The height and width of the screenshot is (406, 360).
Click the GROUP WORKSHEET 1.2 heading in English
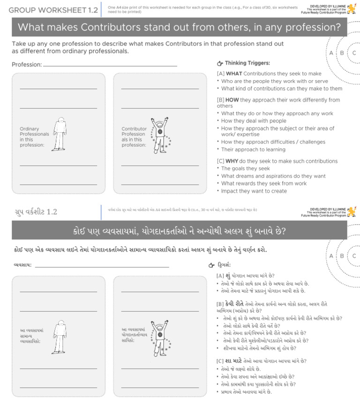[x=53, y=10]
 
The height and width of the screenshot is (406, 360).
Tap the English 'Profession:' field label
[x=27, y=65]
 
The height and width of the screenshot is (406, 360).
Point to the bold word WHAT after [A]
[x=234, y=74]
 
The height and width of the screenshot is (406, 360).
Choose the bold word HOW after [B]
[x=232, y=100]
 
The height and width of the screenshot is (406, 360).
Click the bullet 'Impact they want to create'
[x=254, y=191]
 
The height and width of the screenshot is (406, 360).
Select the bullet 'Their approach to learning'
[x=253, y=150]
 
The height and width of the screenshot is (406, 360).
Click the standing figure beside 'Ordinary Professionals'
[x=59, y=134]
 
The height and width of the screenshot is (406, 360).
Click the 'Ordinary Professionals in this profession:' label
[x=34, y=137]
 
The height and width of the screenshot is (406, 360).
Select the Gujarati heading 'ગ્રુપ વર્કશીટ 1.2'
[x=36, y=212]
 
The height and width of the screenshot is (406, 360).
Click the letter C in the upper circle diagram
[x=354, y=53]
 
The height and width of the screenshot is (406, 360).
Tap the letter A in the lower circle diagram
[x=331, y=256]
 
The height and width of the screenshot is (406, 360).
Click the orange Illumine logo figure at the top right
[x=352, y=9]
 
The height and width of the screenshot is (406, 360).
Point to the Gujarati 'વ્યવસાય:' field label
[x=22, y=265]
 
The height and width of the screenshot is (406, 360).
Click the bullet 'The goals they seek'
[x=245, y=169]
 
